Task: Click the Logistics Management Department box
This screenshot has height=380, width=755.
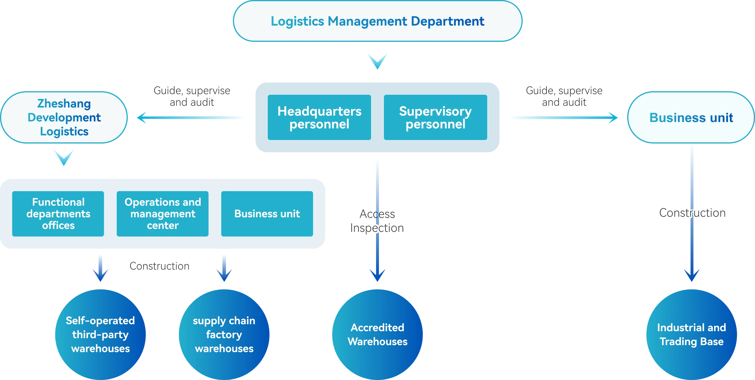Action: click(378, 21)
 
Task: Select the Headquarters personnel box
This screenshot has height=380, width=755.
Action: click(319, 117)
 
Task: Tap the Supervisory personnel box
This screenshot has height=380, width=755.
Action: click(435, 117)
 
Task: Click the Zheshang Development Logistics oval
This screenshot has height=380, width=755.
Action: click(64, 117)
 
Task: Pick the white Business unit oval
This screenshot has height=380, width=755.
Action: click(691, 117)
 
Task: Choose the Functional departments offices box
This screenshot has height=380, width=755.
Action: click(58, 214)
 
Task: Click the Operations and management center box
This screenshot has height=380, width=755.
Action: click(163, 214)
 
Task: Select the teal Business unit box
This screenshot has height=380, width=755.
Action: click(267, 214)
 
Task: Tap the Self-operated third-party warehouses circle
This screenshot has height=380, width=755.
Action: click(100, 334)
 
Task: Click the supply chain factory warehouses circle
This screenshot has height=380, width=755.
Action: click(224, 334)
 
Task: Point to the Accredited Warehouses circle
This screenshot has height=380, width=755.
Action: click(378, 334)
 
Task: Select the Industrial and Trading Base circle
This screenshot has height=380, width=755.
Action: click(691, 334)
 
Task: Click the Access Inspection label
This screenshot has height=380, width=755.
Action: click(377, 221)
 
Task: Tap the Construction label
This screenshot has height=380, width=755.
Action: click(692, 213)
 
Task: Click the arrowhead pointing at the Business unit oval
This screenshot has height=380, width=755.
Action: click(613, 118)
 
